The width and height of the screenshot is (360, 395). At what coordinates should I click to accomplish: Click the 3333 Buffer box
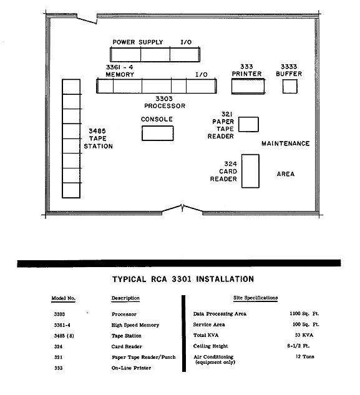pos(289,86)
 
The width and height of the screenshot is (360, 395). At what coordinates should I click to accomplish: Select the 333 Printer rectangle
pos(248,86)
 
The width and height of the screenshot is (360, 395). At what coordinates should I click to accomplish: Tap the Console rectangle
pos(157,134)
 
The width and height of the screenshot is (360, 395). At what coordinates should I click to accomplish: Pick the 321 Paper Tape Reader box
pos(248,124)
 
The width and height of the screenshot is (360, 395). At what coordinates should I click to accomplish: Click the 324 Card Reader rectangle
pos(250,171)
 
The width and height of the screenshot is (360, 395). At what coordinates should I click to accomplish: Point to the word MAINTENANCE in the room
pos(285,144)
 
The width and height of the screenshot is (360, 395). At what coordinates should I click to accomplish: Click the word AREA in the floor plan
pos(285,174)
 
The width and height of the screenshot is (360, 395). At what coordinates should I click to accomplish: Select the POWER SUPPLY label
pos(137,42)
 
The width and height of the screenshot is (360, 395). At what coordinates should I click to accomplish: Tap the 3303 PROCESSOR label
pos(165,102)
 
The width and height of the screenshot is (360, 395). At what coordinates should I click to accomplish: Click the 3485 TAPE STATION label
pos(98,139)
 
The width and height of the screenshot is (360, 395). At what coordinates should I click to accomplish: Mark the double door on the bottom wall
pos(182,209)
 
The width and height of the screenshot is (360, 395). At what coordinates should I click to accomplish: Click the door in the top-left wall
pos(87,20)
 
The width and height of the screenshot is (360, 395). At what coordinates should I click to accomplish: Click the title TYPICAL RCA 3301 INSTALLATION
pos(183,279)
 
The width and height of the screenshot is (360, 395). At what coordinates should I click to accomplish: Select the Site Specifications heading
pos(255,298)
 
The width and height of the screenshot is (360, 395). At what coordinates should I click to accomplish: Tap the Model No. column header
pos(63,298)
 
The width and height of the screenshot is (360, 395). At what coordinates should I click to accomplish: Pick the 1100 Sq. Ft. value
pos(304,313)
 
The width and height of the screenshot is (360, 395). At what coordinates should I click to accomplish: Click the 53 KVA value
pos(304,335)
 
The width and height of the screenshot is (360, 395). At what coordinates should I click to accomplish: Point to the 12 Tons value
pos(305,356)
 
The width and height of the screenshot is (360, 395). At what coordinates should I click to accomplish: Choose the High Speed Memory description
pos(135,325)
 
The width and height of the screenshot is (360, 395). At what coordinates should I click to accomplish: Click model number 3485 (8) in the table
pos(64,336)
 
